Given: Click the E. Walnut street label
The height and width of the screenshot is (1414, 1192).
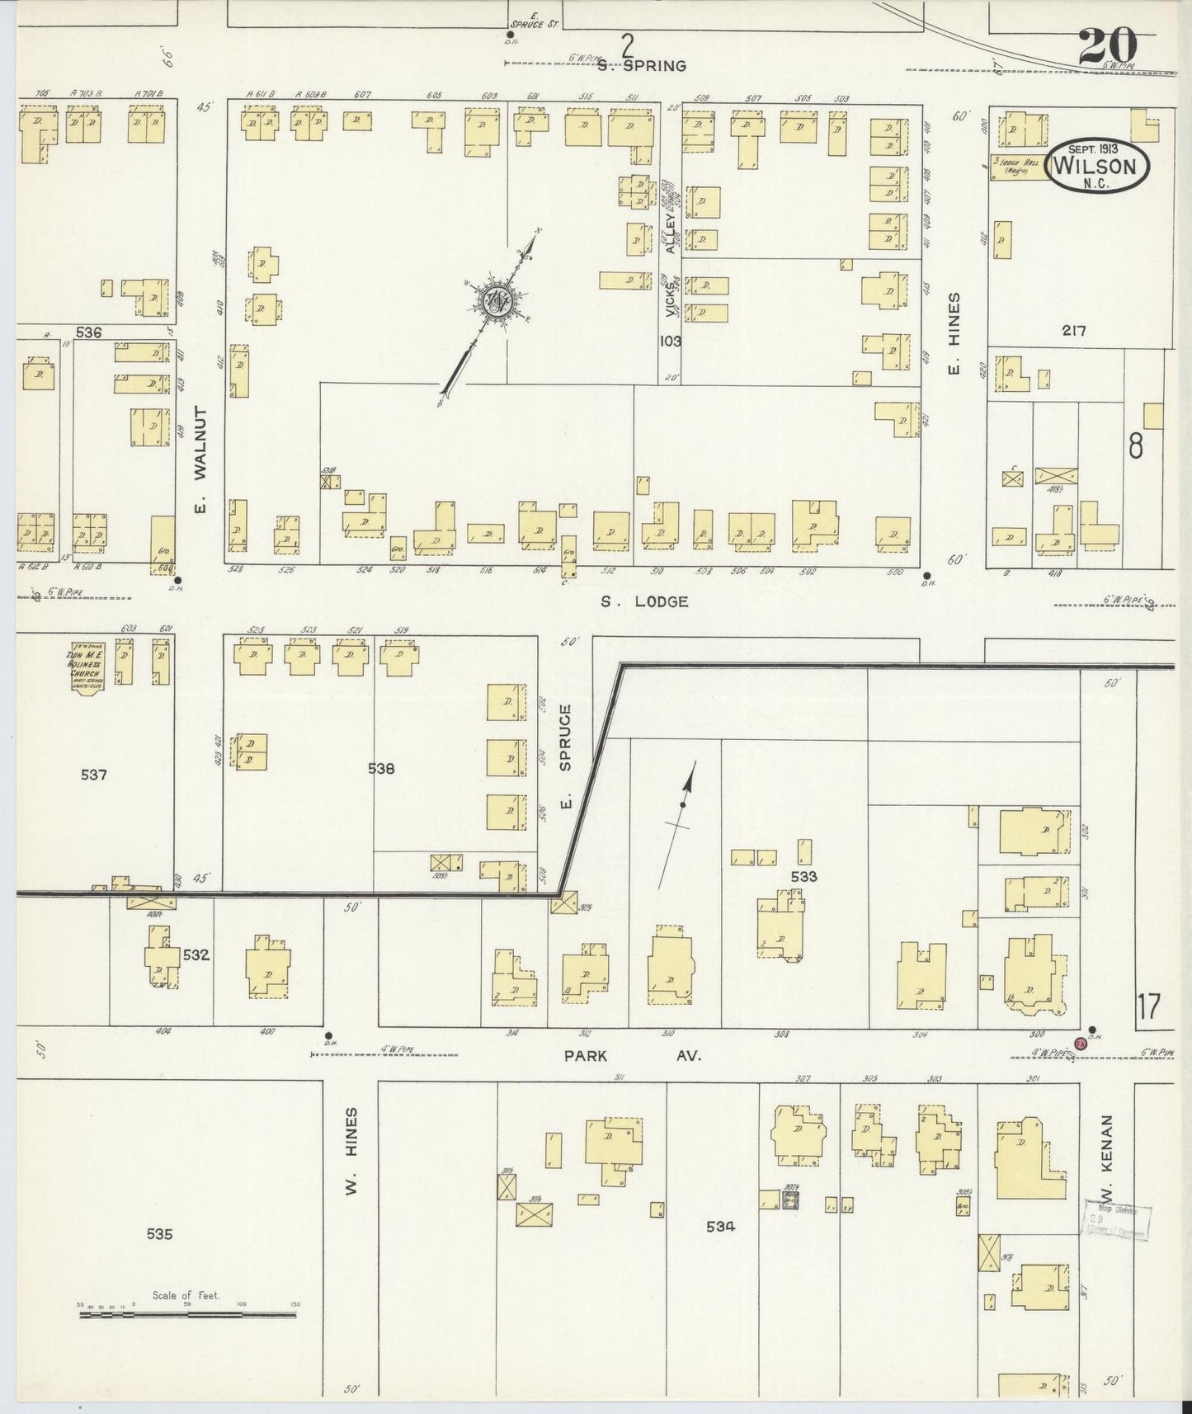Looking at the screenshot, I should tap(200, 460).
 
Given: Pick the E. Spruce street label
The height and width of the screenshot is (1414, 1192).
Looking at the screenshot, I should tap(566, 756).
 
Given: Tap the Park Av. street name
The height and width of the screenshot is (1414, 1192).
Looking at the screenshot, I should tap(633, 1054).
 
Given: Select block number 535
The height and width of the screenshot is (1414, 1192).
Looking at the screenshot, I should tap(159, 1234).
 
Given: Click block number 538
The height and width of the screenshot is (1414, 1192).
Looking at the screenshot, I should tap(381, 768).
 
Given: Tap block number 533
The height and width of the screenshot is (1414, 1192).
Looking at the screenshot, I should tap(803, 876).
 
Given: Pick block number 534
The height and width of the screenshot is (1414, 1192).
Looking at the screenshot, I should tap(720, 1226).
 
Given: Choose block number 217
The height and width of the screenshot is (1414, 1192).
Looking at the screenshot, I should tap(1074, 331).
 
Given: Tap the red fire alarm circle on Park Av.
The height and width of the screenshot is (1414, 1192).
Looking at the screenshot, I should tap(1081, 1043).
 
